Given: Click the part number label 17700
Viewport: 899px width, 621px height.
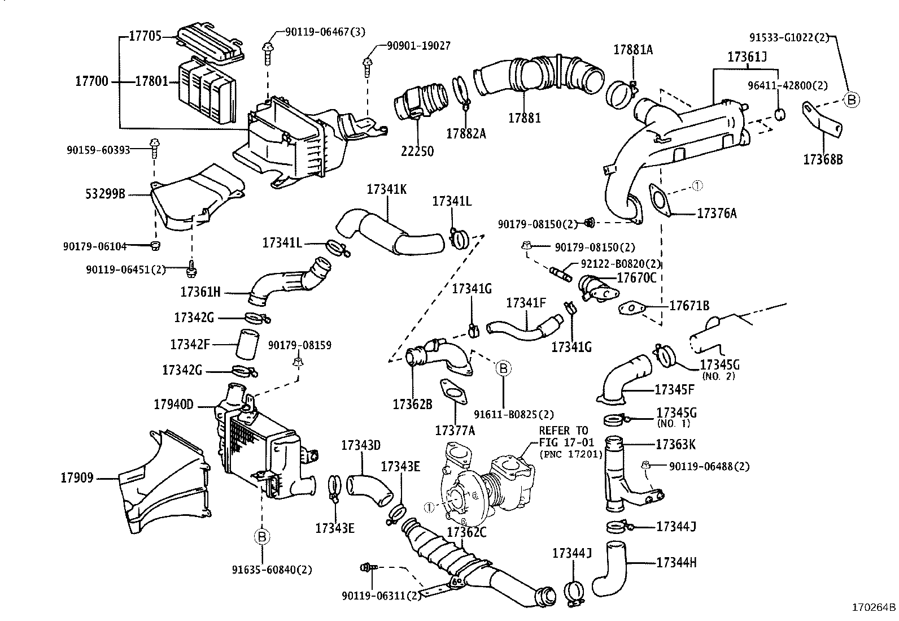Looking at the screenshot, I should pos(91,81).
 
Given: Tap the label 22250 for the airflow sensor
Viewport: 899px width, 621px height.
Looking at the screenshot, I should pos(417,151).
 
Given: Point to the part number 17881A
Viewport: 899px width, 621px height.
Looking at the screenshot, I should pos(633,50).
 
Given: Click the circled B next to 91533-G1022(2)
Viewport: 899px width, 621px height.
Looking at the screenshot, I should pos(851,100).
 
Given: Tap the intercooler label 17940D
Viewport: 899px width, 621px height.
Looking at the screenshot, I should pos(173,405).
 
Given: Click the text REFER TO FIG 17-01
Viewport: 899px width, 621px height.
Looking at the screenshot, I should pos(563,436).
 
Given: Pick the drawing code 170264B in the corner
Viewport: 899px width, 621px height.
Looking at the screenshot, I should pos(874,609).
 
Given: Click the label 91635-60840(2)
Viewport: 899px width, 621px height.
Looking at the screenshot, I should pos(272,569).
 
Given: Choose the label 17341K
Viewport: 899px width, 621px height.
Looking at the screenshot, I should pos(386,189).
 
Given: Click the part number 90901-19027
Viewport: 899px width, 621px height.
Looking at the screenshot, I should pos(418,46).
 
